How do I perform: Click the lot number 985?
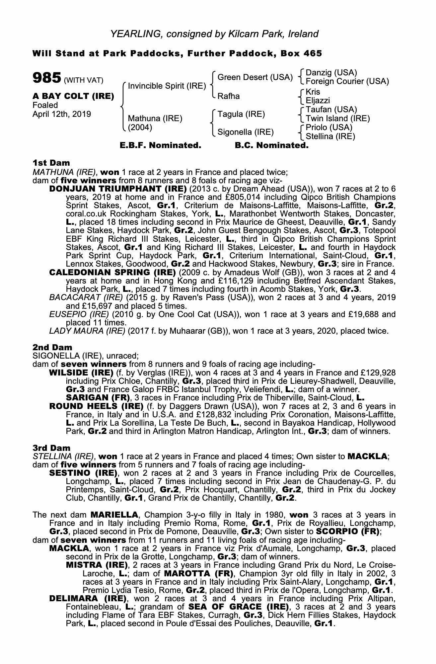(46, 78)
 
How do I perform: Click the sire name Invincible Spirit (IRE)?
(167, 86)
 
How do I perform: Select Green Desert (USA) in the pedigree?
(255, 77)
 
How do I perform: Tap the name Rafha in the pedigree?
(228, 96)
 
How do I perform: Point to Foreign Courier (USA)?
(347, 81)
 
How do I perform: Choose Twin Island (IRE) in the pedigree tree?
(337, 119)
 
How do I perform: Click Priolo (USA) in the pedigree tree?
(329, 127)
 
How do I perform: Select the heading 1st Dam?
(51, 163)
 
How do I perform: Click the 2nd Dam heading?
(52, 348)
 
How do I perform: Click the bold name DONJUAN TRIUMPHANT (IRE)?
(118, 189)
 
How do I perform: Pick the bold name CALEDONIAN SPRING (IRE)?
(112, 273)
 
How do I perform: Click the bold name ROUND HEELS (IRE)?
(96, 406)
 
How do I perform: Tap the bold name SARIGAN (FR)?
(98, 398)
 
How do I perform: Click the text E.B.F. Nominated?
(160, 145)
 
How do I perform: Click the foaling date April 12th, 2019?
(62, 114)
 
